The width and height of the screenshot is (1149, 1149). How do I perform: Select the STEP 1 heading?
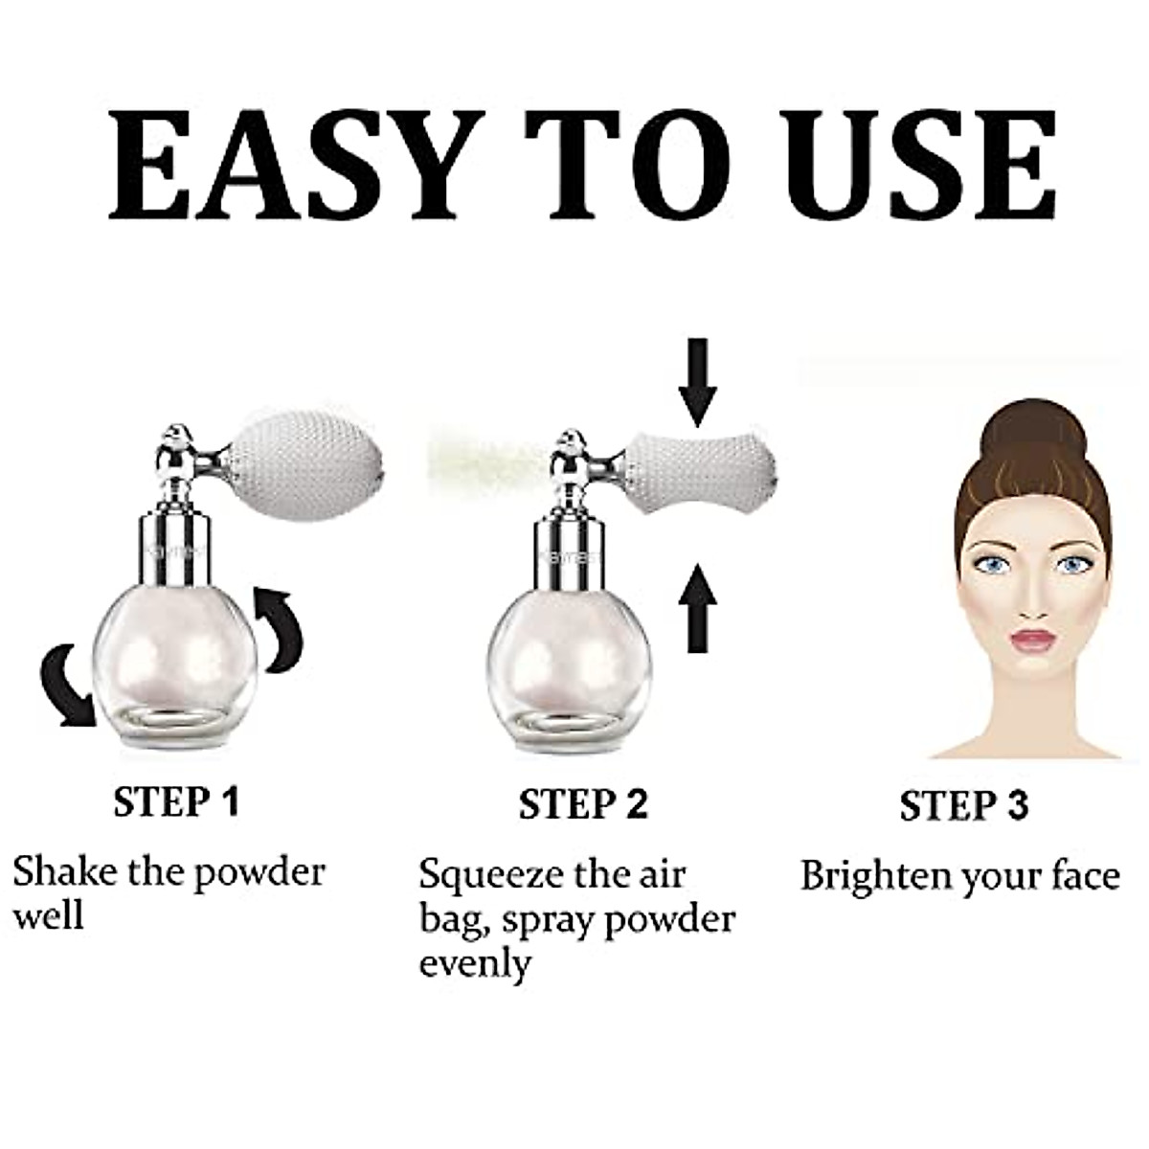point(175,801)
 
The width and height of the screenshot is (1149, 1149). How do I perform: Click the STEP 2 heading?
point(583,803)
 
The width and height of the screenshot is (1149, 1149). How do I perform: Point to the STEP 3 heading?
point(963,805)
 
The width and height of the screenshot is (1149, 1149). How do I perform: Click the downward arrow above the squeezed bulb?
point(697,382)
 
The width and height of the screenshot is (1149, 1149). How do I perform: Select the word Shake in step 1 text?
point(61,872)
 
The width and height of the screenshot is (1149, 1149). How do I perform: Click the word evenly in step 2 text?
point(475,963)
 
